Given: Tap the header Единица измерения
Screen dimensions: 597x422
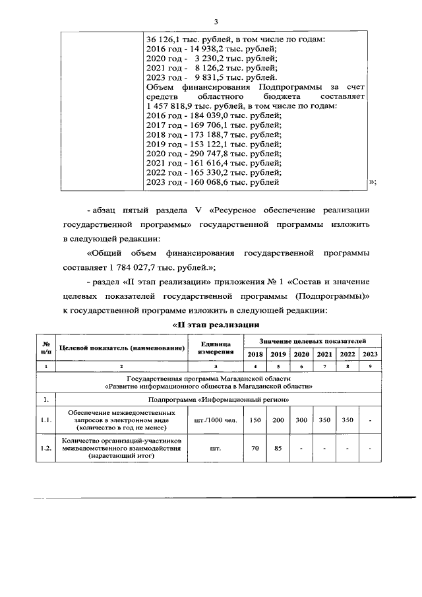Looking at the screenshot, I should click(x=215, y=348).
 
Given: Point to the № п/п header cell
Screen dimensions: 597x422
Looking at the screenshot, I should click(x=46, y=348).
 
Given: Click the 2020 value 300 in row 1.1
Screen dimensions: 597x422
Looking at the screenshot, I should click(x=301, y=419).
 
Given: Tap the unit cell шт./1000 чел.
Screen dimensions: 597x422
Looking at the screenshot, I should click(x=215, y=419).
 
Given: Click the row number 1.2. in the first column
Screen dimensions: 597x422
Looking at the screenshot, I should click(x=46, y=449).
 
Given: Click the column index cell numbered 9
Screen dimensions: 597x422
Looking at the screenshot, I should click(x=370, y=366).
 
